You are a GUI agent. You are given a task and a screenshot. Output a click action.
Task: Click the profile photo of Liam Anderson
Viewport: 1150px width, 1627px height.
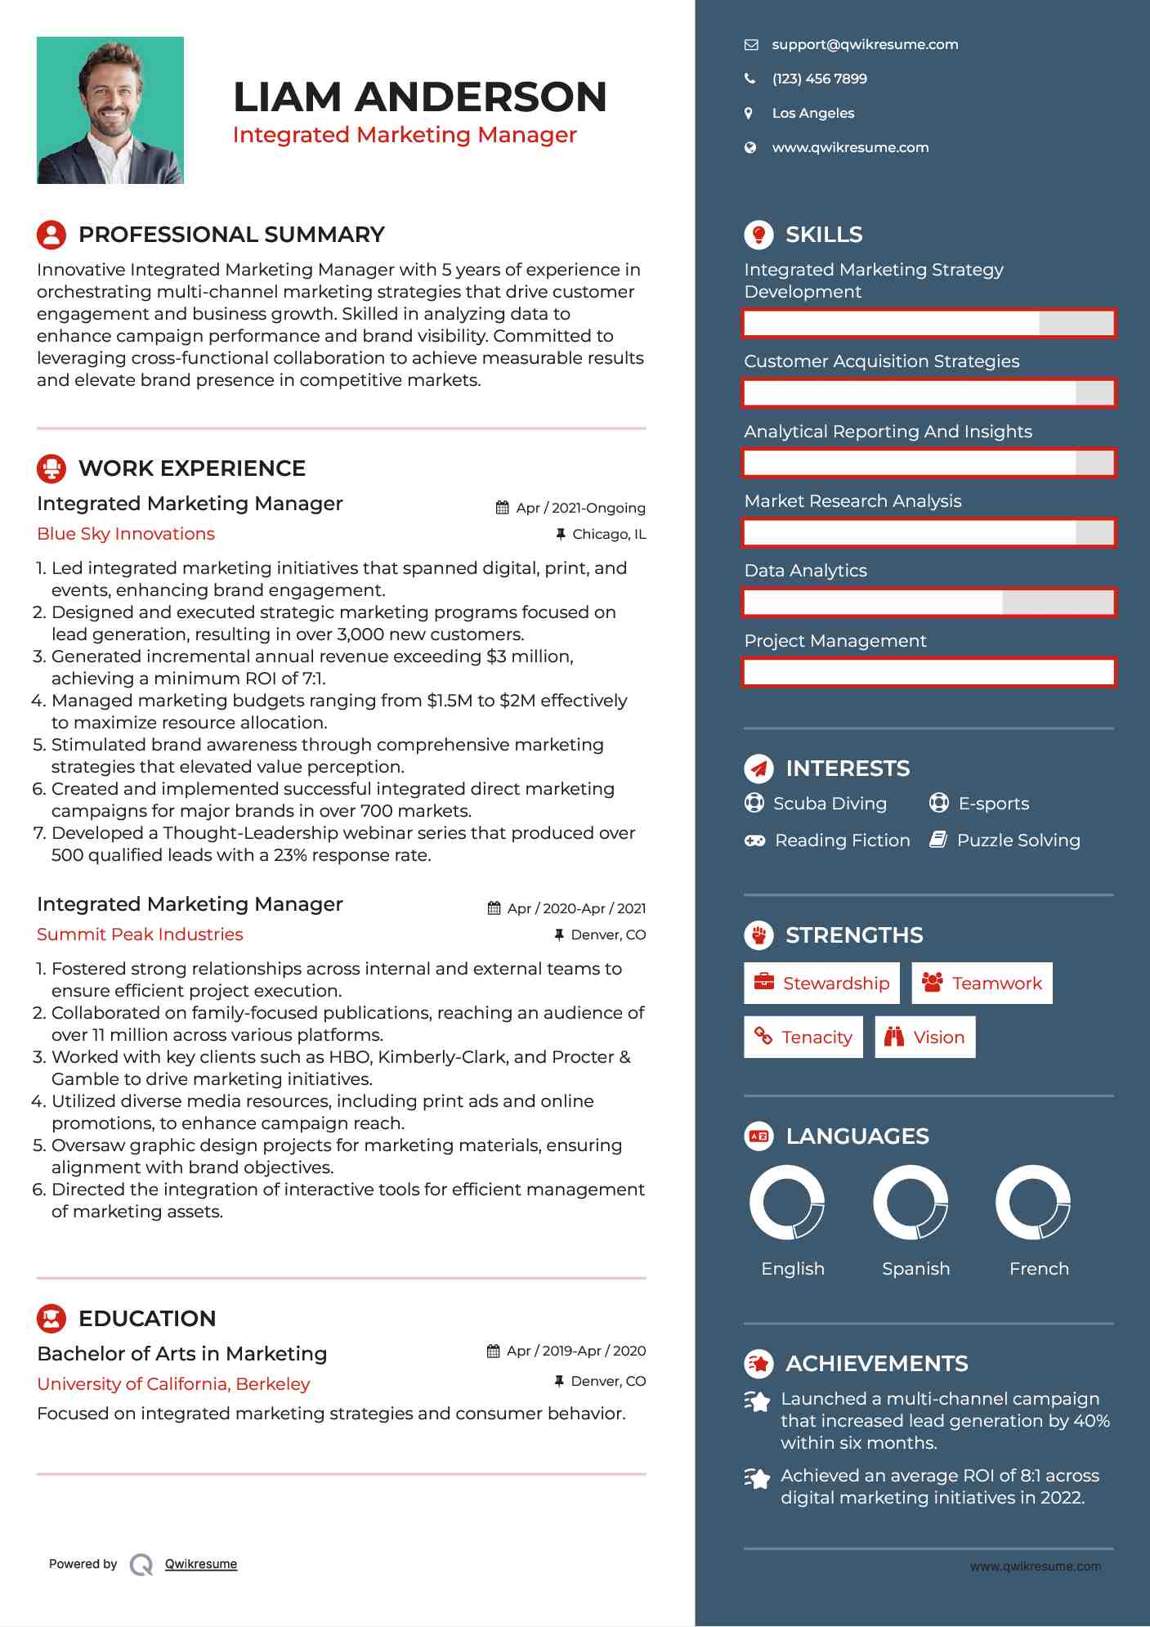click(x=110, y=110)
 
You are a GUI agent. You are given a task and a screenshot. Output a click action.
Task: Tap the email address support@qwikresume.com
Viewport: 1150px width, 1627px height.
click(x=865, y=45)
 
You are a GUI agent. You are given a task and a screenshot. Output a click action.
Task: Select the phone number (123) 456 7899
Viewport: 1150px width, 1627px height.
click(x=819, y=79)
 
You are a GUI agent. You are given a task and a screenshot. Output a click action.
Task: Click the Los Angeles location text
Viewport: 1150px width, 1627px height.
click(x=812, y=114)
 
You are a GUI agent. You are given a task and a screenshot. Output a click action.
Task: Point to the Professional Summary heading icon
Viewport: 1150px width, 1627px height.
click(x=51, y=235)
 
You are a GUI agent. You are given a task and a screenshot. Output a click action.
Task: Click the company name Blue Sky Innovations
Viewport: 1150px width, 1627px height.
click(x=126, y=534)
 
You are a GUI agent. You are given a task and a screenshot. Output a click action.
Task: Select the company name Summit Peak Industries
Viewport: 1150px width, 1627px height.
click(x=140, y=935)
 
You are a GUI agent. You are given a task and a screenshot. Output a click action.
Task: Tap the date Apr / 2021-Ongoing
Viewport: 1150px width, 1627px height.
click(x=580, y=508)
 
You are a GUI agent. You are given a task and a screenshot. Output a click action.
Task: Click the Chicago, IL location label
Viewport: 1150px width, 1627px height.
click(x=608, y=535)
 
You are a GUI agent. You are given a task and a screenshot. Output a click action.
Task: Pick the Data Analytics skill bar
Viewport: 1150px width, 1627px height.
click(x=929, y=603)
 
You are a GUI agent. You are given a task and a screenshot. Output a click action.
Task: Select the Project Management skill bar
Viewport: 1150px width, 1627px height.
click(x=929, y=672)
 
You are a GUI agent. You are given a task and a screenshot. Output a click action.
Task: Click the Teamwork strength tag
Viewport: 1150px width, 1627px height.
click(x=982, y=983)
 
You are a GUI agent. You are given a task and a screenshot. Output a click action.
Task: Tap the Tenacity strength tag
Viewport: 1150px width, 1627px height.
click(x=803, y=1037)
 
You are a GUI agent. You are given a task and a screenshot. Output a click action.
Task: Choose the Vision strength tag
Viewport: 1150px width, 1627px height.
click(x=925, y=1037)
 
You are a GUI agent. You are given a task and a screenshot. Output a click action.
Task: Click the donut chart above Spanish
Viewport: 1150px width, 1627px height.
click(x=911, y=1203)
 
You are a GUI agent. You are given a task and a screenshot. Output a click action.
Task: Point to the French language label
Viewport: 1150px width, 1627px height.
click(x=1039, y=1269)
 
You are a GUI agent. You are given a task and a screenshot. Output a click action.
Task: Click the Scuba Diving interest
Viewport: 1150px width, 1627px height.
click(x=830, y=804)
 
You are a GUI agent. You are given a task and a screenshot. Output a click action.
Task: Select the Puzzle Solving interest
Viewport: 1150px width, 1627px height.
click(x=1018, y=840)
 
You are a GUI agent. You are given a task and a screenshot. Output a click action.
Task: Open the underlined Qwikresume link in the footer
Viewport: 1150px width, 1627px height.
click(x=201, y=1564)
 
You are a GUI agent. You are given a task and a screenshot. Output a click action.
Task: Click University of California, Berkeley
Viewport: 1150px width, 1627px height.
click(x=173, y=1384)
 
